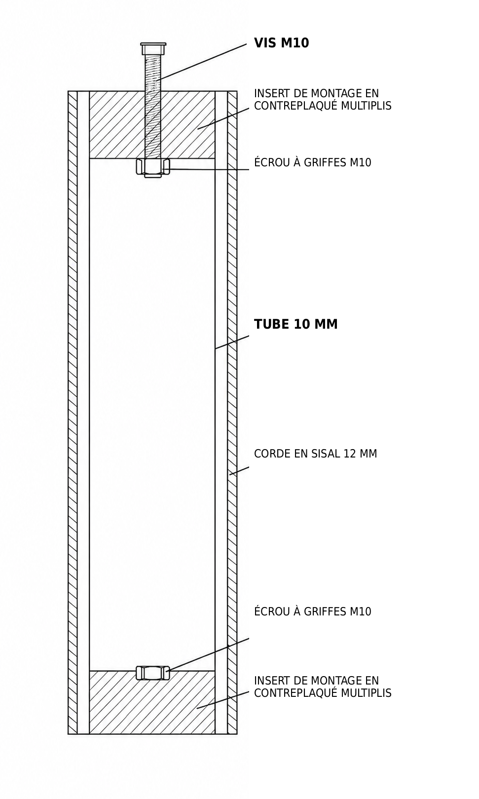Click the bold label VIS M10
tap(281, 43)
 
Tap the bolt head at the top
tap(153, 48)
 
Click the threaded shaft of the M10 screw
tap(153, 107)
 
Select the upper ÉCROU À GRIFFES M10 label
tap(312, 162)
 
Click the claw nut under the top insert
tap(153, 168)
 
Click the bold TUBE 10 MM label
tap(295, 324)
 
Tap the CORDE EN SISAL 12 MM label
tap(315, 454)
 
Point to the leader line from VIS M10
tap(203, 61)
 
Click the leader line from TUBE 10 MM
tap(232, 342)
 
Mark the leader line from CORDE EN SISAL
tap(239, 470)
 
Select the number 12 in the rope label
tap(349, 454)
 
